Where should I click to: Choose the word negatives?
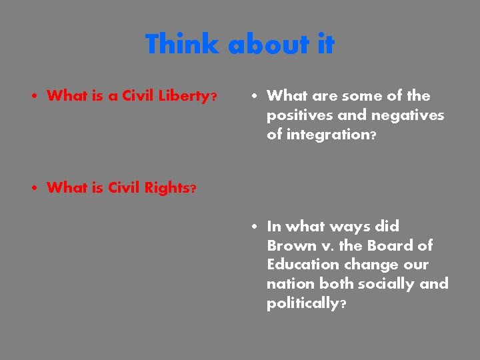pos(407,115)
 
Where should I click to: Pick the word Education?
pos(300,265)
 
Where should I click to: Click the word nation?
pos(291,284)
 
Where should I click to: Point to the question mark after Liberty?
pos(213,97)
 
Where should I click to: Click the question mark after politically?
pos(343,304)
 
